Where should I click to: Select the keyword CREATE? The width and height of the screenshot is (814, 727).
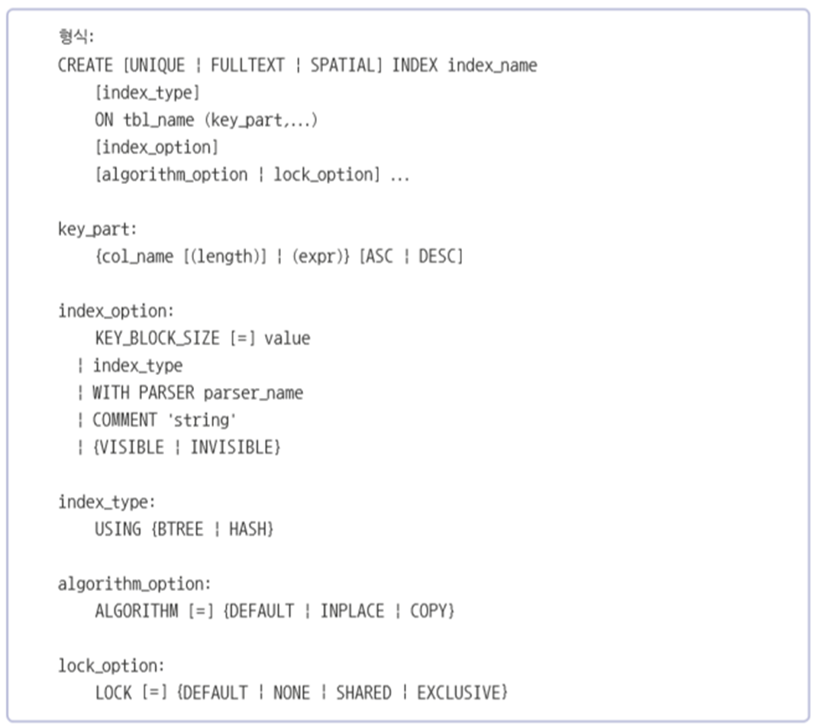86,65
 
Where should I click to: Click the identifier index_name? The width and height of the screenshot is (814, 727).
492,65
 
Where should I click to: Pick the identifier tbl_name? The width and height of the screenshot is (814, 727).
159,120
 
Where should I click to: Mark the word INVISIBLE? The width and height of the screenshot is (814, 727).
234,447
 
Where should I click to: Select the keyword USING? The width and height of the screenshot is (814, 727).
118,528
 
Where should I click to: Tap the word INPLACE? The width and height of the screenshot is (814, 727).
352,611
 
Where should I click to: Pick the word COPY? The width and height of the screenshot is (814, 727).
431,611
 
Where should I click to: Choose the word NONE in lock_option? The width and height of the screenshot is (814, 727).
291,693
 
